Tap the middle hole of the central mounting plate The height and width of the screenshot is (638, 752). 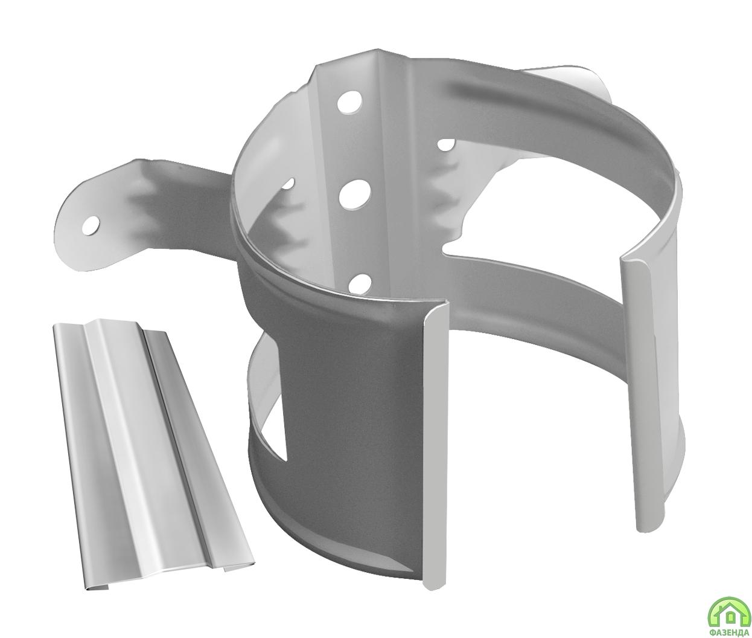(354, 194)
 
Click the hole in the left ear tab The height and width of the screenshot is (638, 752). (91, 225)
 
